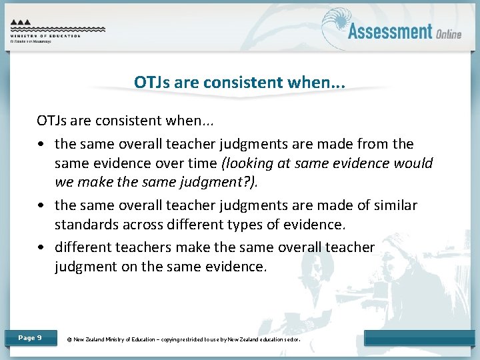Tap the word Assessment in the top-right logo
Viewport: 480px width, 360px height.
coord(390,31)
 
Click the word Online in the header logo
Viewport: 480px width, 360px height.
coord(449,34)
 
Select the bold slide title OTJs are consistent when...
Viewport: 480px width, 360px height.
coord(239,82)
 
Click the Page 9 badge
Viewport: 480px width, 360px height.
coord(30,338)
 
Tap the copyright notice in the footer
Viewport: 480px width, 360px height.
coord(184,339)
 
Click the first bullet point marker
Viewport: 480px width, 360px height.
coord(42,145)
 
